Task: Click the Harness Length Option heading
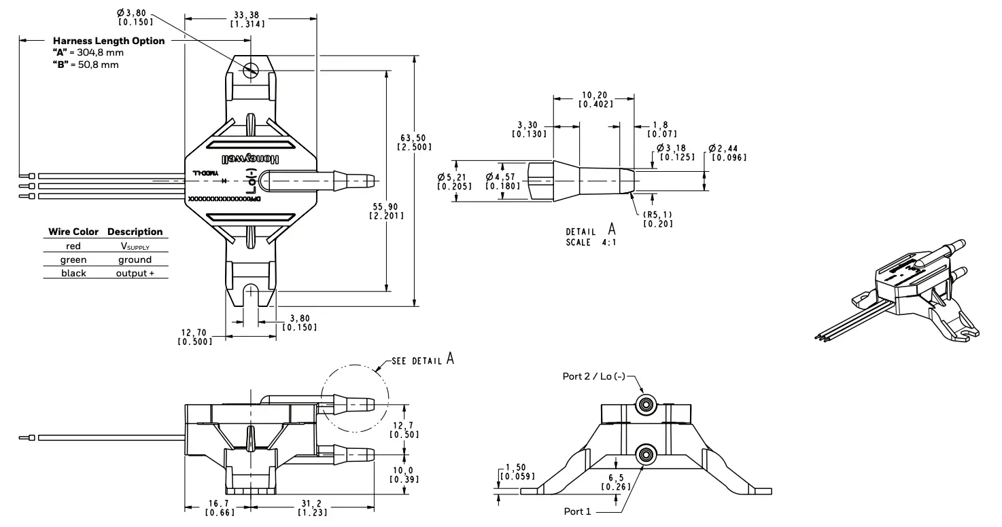tap(109, 41)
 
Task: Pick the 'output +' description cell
tap(135, 273)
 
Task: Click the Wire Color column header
tap(73, 232)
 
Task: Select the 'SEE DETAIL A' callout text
tap(422, 360)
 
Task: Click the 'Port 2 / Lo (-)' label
tap(593, 376)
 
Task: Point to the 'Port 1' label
tap(577, 511)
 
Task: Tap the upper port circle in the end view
tap(645, 405)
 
